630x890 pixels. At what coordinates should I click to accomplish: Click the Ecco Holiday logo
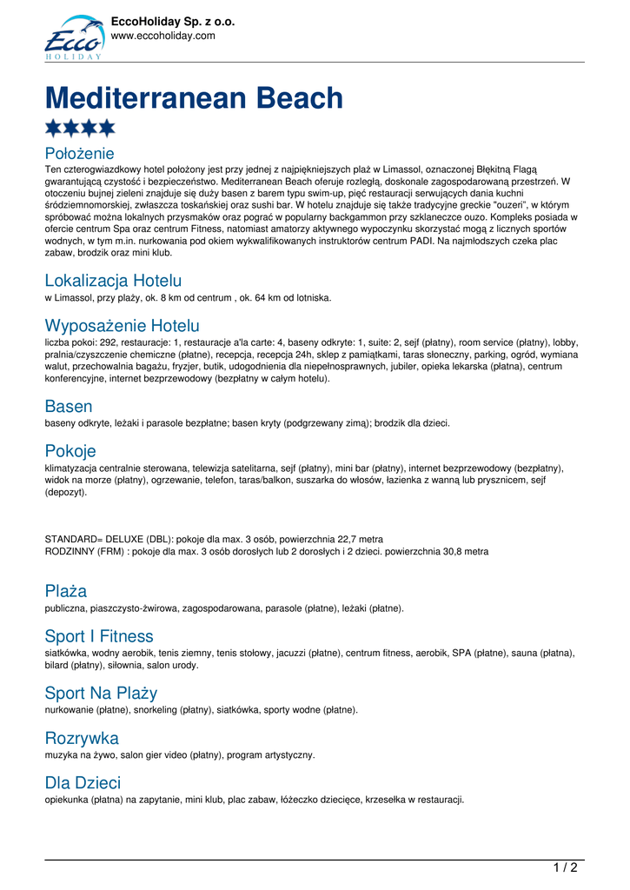(x=73, y=37)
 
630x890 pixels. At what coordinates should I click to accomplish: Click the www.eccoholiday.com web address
(x=162, y=37)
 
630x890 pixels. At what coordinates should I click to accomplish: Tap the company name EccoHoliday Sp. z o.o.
(x=173, y=22)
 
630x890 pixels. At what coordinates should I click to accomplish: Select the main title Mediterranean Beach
(x=194, y=97)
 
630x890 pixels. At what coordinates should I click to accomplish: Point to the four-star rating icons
(x=80, y=129)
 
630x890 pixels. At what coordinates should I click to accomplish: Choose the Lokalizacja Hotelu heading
(x=113, y=281)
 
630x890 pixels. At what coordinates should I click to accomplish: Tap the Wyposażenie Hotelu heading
(x=122, y=326)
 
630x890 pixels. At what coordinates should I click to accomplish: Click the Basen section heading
(x=69, y=406)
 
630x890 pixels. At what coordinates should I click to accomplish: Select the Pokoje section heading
(x=70, y=451)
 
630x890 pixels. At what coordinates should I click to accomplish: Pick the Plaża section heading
(x=66, y=591)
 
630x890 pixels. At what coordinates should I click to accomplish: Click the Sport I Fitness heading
(x=99, y=636)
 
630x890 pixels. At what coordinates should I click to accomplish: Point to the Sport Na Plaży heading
(x=101, y=693)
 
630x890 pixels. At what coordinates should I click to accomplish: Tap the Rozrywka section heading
(x=82, y=738)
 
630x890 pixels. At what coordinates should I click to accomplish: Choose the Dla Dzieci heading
(x=83, y=783)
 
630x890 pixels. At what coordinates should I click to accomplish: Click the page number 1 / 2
(x=565, y=867)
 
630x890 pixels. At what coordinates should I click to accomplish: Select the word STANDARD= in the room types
(x=73, y=539)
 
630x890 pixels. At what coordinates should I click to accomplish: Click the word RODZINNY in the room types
(x=70, y=551)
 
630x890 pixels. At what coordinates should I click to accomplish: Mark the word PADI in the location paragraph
(x=423, y=241)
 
